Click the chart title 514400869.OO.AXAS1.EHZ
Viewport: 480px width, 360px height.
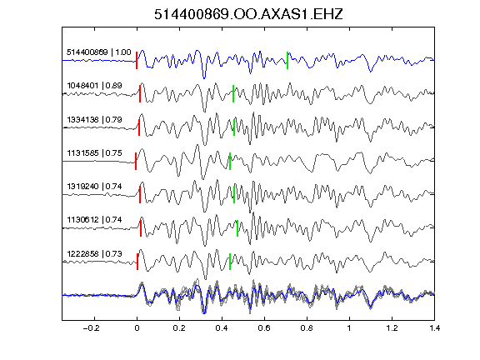pyautogui.click(x=248, y=14)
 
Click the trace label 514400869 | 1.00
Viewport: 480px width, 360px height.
pyautogui.click(x=99, y=52)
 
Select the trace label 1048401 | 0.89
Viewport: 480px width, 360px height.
pyautogui.click(x=94, y=85)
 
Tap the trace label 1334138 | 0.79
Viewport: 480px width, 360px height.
pyautogui.click(x=94, y=119)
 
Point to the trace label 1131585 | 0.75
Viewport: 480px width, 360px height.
pyautogui.click(x=94, y=152)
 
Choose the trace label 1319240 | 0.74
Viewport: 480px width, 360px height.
pyautogui.click(x=94, y=186)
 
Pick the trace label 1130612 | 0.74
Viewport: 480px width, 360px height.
pyautogui.click(x=94, y=219)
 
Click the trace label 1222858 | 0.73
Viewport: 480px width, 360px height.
pyautogui.click(x=94, y=254)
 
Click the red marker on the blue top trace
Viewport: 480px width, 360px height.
pyautogui.click(x=137, y=60)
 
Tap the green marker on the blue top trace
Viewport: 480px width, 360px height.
pyautogui.click(x=287, y=60)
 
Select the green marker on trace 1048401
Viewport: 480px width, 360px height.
pyautogui.click(x=233, y=93)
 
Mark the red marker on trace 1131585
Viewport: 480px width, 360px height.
pyautogui.click(x=136, y=161)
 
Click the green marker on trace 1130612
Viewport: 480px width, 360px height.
pyautogui.click(x=237, y=228)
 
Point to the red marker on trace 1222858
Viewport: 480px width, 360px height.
pyautogui.click(x=137, y=262)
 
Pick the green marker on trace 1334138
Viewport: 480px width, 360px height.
pyautogui.click(x=234, y=127)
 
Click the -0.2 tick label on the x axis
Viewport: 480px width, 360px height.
pyautogui.click(x=92, y=328)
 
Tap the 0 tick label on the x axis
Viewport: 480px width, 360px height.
pyautogui.click(x=137, y=328)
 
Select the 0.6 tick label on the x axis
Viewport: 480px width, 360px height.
pyautogui.click(x=264, y=328)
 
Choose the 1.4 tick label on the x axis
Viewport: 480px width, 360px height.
pyautogui.click(x=434, y=328)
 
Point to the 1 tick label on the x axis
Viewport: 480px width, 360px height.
pyautogui.click(x=349, y=328)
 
